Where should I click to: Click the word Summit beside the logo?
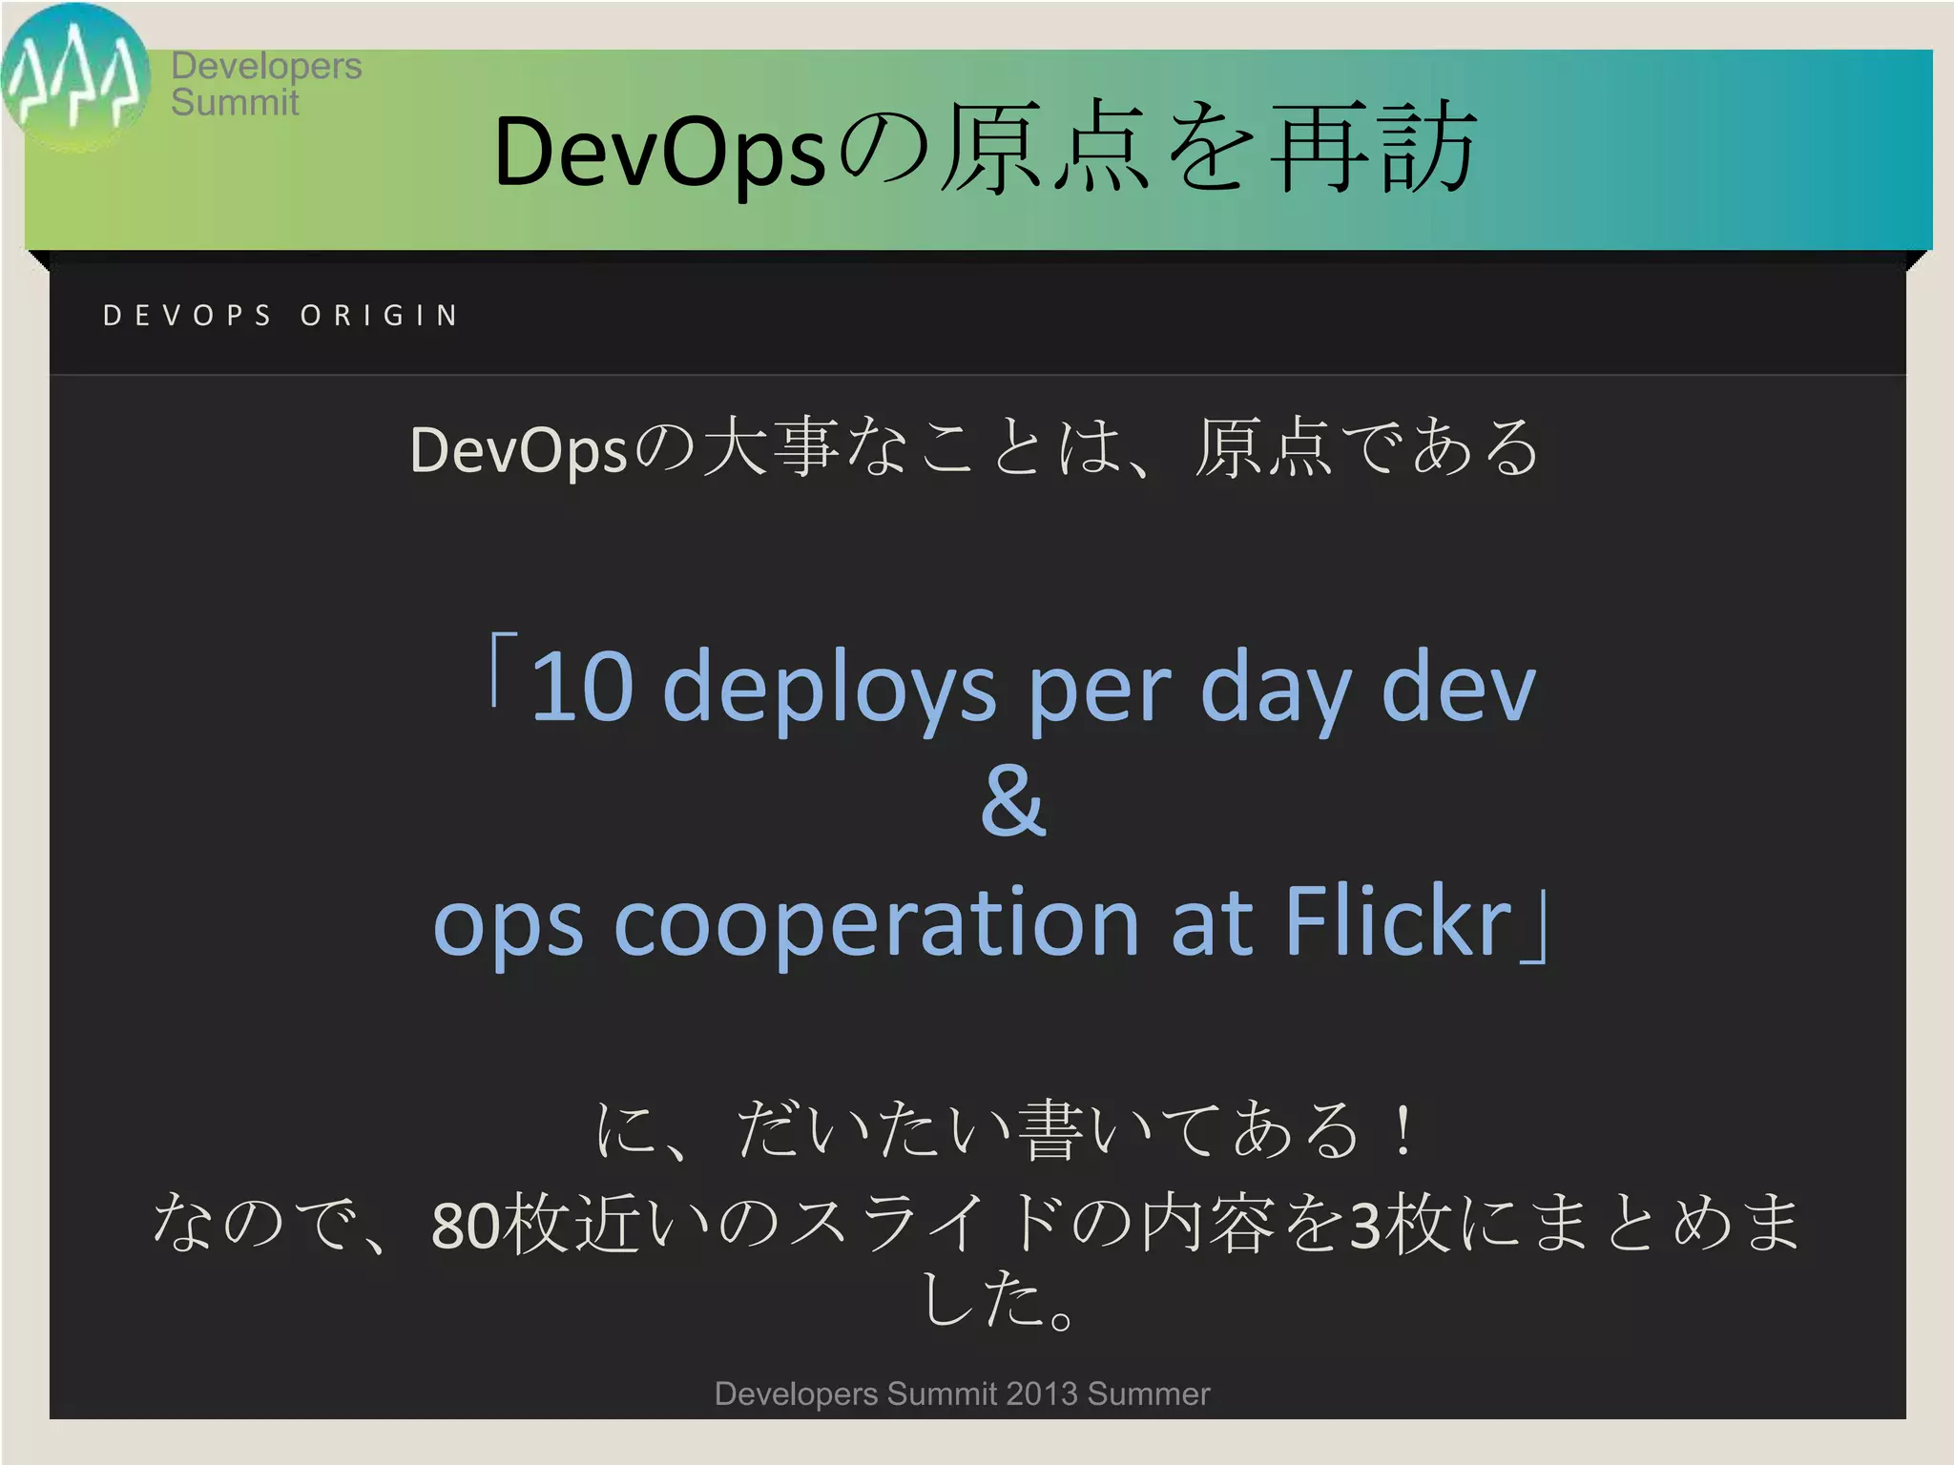(235, 102)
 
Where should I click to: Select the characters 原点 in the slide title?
(1044, 149)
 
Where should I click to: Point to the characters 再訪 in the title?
(1374, 149)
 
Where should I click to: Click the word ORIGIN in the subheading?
(380, 316)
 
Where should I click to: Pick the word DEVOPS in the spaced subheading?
(188, 316)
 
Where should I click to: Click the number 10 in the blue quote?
(582, 686)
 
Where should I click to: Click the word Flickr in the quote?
(1398, 921)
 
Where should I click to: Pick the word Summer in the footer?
(1149, 1393)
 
